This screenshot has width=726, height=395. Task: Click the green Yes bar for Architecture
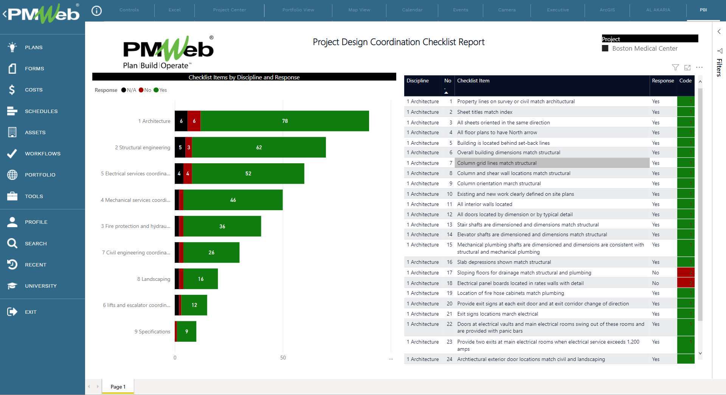(284, 121)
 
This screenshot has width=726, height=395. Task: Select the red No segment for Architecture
(194, 121)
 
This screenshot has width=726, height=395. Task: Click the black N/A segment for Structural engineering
(180, 147)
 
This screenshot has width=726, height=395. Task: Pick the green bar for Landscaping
(200, 279)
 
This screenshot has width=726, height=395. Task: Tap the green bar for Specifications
(186, 331)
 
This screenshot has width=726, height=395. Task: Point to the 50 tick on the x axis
(283, 358)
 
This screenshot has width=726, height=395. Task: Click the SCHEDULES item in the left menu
(41, 111)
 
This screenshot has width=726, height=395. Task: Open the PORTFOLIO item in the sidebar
(40, 175)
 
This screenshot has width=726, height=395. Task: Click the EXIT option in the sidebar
(30, 312)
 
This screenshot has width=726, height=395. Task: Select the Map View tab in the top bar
(359, 10)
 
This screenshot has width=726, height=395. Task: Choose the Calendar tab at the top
(412, 10)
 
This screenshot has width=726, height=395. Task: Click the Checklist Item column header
(473, 81)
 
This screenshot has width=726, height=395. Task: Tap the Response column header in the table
(662, 81)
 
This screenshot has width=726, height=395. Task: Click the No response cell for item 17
(655, 273)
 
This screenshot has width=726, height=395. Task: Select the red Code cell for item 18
(686, 283)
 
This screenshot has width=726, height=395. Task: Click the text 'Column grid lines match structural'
(496, 163)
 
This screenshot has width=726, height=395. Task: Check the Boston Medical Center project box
(605, 48)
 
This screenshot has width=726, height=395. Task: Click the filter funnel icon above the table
(675, 67)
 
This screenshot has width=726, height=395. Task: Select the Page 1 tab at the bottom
(118, 387)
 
